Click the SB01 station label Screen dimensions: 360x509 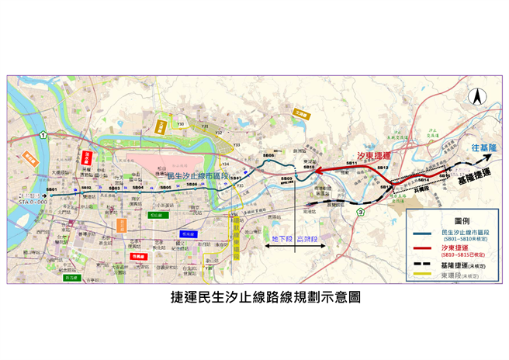tap(51, 190)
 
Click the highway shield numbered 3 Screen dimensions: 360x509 tap(360, 212)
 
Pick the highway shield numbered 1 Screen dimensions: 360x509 tap(46, 135)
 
